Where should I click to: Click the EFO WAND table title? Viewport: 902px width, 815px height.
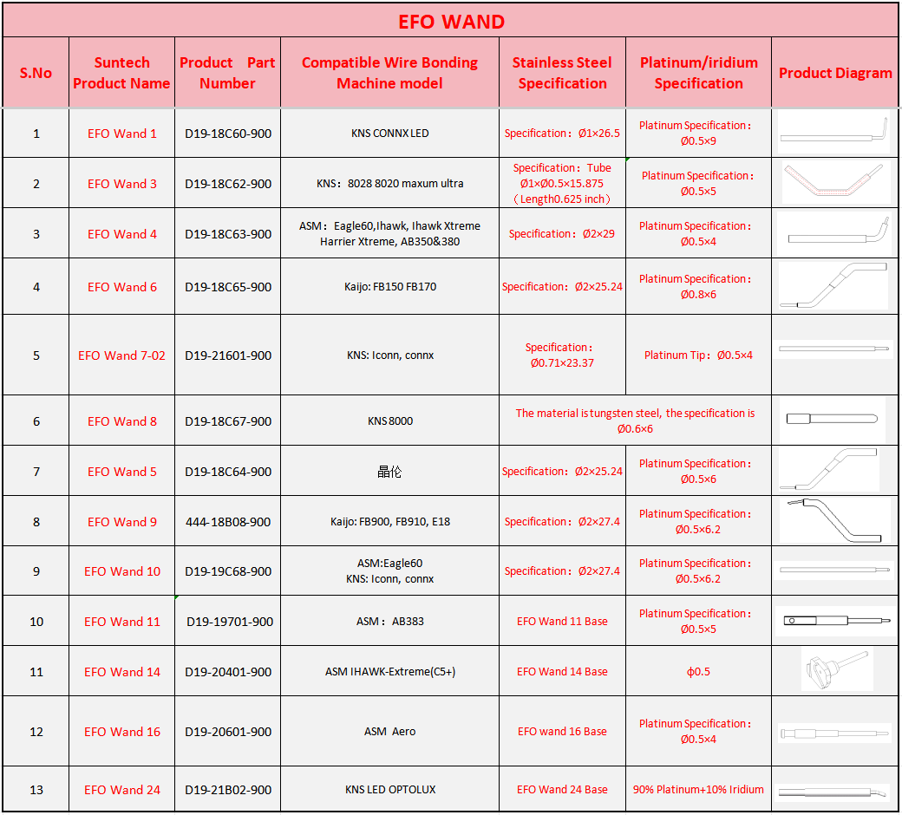pos(451,22)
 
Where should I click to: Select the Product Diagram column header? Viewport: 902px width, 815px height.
pos(835,73)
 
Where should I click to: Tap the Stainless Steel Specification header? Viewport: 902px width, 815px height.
pos(562,73)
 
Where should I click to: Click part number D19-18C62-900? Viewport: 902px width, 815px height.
pos(228,184)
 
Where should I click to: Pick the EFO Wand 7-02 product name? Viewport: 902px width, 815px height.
pos(121,355)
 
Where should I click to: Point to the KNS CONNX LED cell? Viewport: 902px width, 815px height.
pos(389,134)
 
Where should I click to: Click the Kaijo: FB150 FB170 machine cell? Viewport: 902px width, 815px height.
pos(389,287)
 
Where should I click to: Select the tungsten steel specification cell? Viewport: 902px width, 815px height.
pos(635,421)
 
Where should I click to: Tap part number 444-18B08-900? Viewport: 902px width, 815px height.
pos(228,522)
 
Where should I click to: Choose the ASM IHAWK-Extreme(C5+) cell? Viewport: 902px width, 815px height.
pos(389,672)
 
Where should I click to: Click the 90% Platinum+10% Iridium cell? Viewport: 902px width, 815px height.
pos(698,790)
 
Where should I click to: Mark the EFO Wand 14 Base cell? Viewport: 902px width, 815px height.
pos(562,672)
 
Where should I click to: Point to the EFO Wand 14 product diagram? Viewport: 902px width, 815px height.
pos(835,669)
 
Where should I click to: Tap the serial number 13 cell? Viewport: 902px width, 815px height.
pos(36,790)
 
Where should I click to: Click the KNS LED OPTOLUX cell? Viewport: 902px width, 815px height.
pos(389,790)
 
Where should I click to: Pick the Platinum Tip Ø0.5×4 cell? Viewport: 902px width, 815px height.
pos(698,355)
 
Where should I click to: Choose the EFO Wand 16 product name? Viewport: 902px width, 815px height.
pos(122,732)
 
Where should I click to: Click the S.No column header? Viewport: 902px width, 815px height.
pos(36,73)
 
